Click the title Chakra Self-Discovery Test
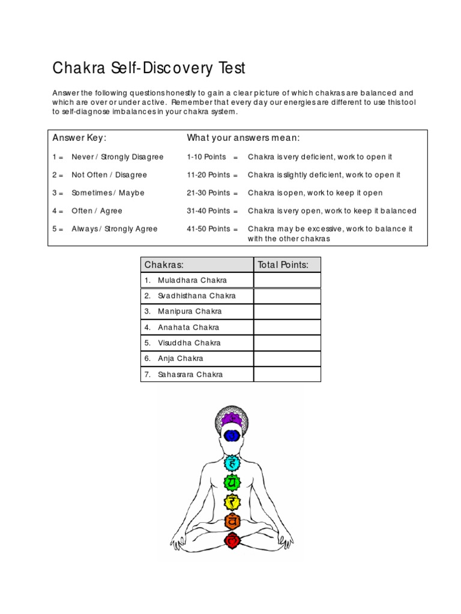click(x=149, y=68)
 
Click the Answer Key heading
click(x=79, y=139)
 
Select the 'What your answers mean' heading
click(x=243, y=139)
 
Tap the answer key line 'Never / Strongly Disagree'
click(x=117, y=157)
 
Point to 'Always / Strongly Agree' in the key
click(x=114, y=229)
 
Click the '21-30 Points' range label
click(x=208, y=193)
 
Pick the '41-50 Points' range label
click(x=208, y=229)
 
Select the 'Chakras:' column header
click(x=164, y=265)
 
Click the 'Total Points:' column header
click(x=283, y=265)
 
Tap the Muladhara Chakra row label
click(x=192, y=281)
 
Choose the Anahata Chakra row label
click(x=188, y=327)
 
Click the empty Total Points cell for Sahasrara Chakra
click(x=287, y=374)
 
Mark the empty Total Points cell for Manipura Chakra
click(x=287, y=312)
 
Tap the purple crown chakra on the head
click(x=232, y=418)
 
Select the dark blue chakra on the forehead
click(x=232, y=436)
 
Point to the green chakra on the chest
click(x=232, y=481)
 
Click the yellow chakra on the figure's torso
click(x=232, y=502)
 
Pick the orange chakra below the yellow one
click(x=232, y=522)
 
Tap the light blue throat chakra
click(x=232, y=462)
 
